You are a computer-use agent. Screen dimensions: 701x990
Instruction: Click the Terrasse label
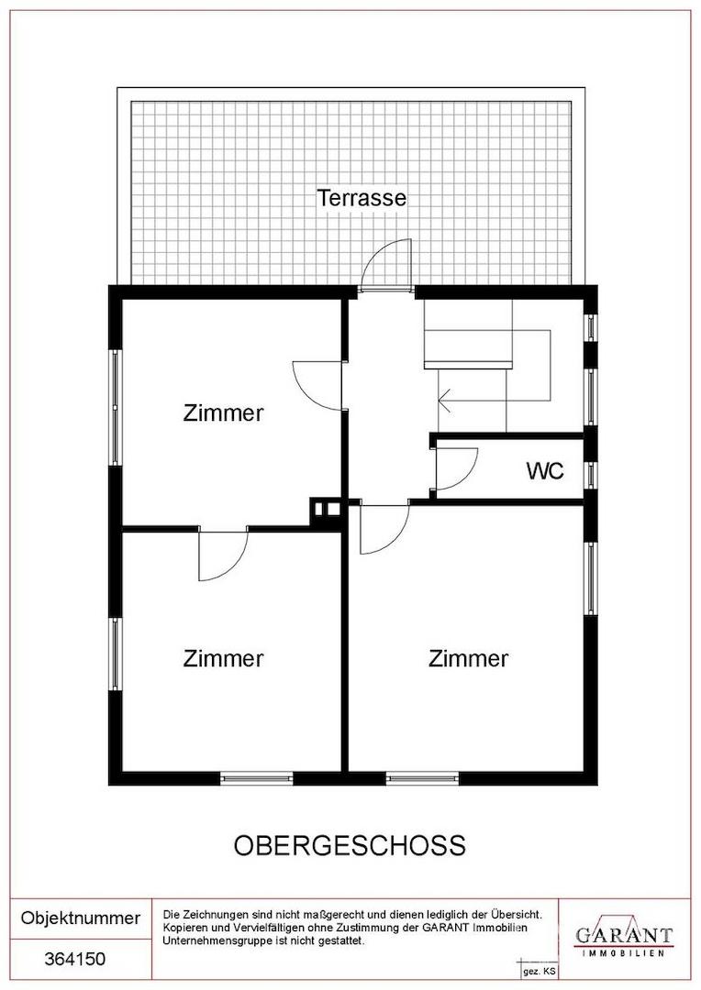click(361, 198)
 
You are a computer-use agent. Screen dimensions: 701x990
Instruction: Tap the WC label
click(544, 470)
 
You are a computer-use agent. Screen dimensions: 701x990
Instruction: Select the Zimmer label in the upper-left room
click(223, 412)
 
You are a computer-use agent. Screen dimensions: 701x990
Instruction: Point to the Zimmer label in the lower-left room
click(223, 658)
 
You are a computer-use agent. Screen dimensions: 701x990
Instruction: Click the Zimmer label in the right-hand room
click(468, 658)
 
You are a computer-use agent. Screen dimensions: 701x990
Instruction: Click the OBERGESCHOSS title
click(350, 845)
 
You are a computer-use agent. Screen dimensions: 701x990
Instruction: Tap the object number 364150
click(74, 959)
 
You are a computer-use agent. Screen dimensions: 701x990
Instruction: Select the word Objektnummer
click(80, 918)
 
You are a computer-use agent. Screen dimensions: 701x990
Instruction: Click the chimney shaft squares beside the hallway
click(325, 511)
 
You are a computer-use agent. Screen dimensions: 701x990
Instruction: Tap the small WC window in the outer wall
click(590, 475)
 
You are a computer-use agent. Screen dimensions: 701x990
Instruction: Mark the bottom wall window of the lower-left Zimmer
click(256, 778)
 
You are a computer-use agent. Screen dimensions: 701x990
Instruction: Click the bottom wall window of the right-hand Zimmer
click(422, 778)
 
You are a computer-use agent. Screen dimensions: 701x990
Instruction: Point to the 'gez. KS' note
click(540, 973)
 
